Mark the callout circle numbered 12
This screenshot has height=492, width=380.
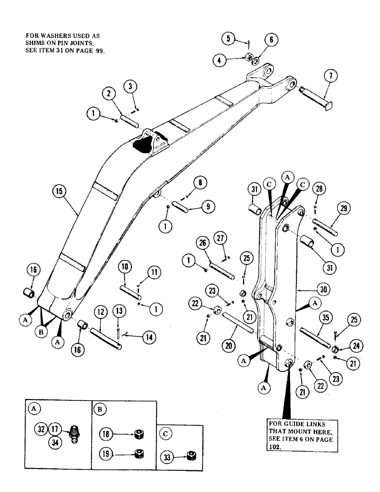pyautogui.click(x=100, y=312)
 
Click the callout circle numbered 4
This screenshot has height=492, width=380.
pyautogui.click(x=220, y=61)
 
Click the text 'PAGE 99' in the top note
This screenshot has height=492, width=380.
pyautogui.click(x=90, y=51)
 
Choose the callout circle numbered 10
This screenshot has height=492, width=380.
pyautogui.click(x=125, y=268)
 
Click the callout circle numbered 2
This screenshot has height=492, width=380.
pyautogui.click(x=110, y=92)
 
